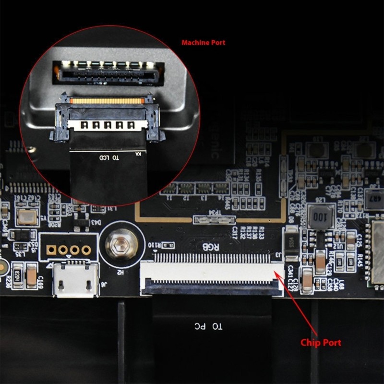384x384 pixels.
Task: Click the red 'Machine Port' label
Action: (x=203, y=43)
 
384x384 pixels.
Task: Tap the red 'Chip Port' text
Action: (x=321, y=343)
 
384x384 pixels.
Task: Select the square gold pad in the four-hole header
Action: (x=50, y=250)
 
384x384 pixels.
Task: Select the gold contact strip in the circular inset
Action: (x=108, y=101)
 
